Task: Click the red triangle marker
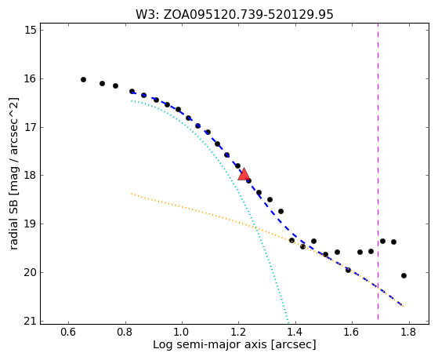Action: [244, 175]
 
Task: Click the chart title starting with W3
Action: [234, 15]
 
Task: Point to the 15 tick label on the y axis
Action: [31, 31]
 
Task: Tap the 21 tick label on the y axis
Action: [31, 322]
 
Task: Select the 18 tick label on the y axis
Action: [31, 176]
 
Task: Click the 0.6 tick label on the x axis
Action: [68, 333]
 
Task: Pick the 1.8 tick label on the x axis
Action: [409, 333]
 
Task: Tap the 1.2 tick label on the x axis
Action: [239, 333]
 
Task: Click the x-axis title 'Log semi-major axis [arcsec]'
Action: [234, 345]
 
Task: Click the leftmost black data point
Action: [83, 80]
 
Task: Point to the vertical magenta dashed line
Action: [378, 171]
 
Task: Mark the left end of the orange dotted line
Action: [132, 193]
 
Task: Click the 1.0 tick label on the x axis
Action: [182, 333]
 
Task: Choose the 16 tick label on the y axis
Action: [31, 79]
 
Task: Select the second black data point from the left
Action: [102, 84]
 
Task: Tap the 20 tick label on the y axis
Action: [31, 272]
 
